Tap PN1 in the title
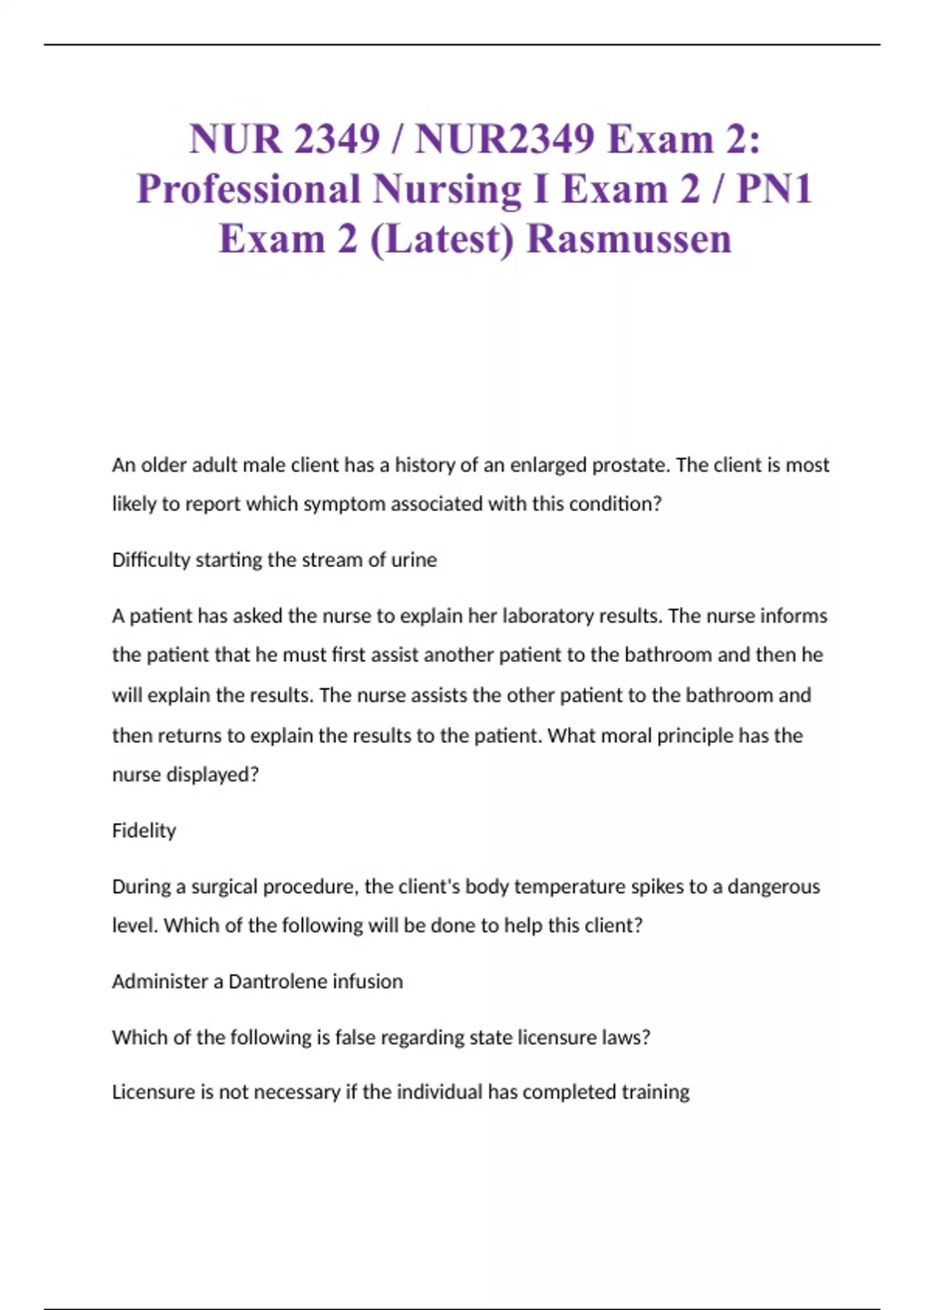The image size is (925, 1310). [774, 189]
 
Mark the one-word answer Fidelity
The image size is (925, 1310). [144, 831]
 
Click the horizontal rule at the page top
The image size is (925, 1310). [462, 45]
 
